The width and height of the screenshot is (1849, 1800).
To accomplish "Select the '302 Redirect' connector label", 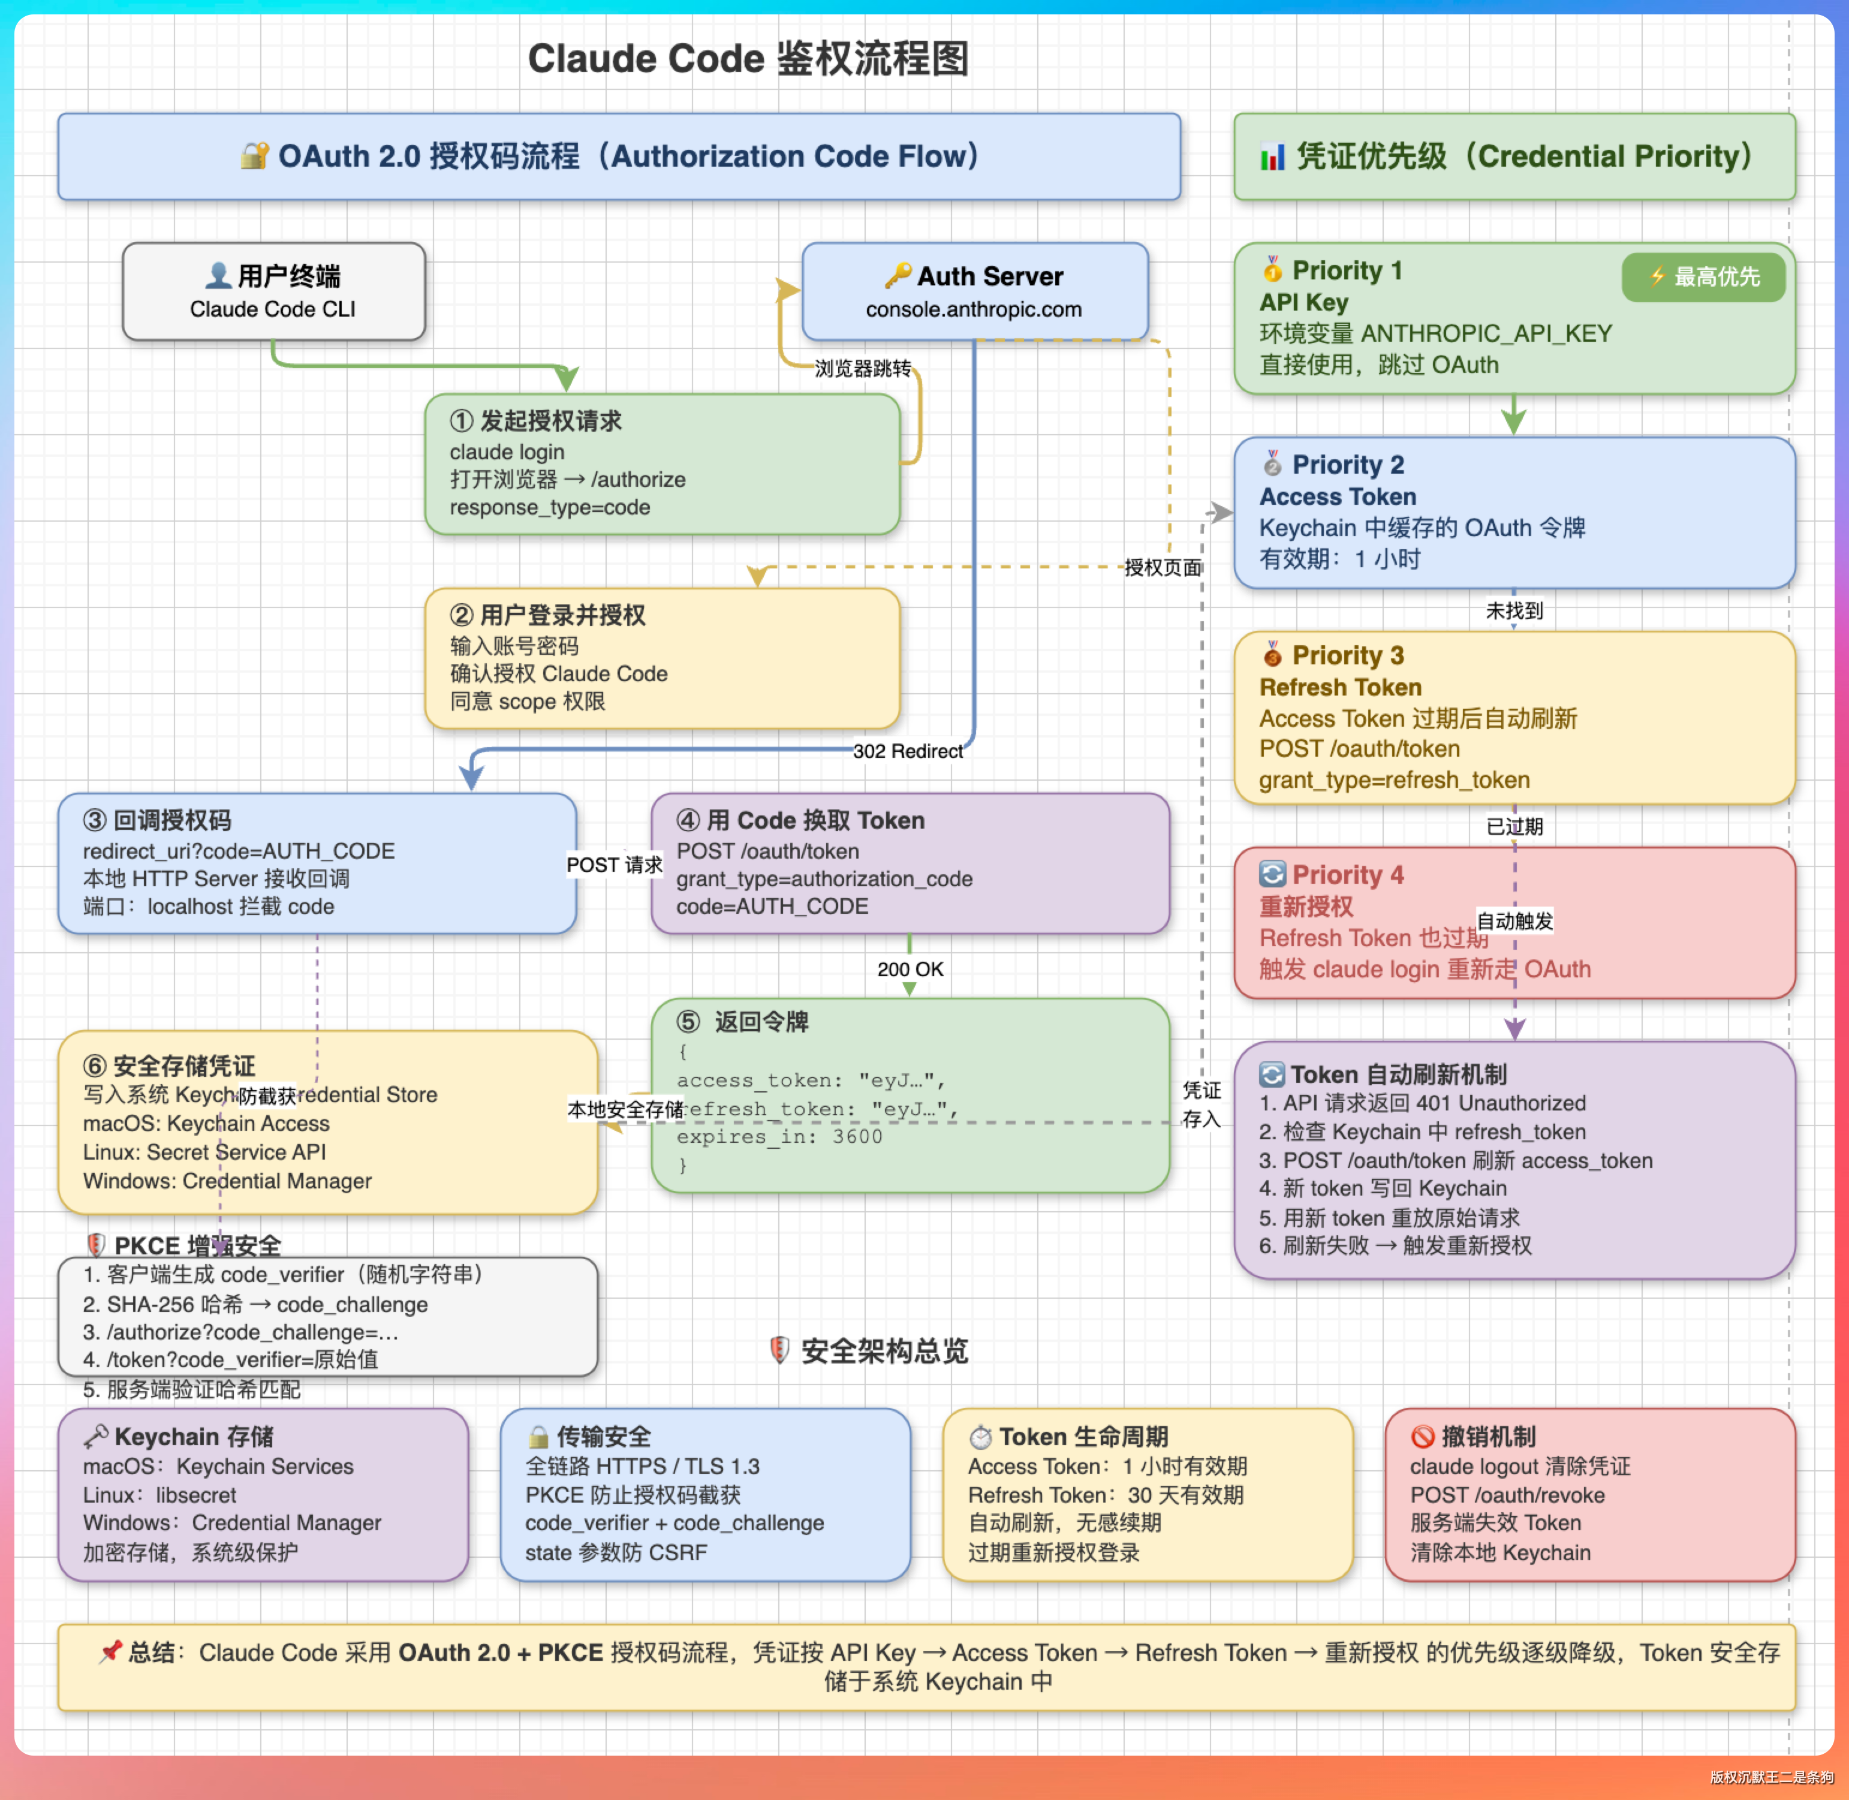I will tap(908, 751).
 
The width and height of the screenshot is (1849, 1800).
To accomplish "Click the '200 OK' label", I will tap(910, 969).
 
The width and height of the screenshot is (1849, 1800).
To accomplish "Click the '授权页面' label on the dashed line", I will tap(1162, 567).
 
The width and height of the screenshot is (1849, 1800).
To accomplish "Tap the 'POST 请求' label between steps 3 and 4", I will tap(615, 865).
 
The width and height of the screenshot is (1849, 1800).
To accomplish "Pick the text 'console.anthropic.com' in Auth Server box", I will tap(974, 309).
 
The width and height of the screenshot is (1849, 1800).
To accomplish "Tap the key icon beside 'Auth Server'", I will tap(897, 275).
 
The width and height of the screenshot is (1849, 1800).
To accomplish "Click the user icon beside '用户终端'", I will tap(218, 275).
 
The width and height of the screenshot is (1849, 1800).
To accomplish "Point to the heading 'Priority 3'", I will tap(1347, 655).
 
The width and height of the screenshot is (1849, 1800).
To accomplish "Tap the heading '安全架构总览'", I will tap(884, 1351).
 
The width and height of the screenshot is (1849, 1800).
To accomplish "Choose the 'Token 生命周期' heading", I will tap(1083, 1437).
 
